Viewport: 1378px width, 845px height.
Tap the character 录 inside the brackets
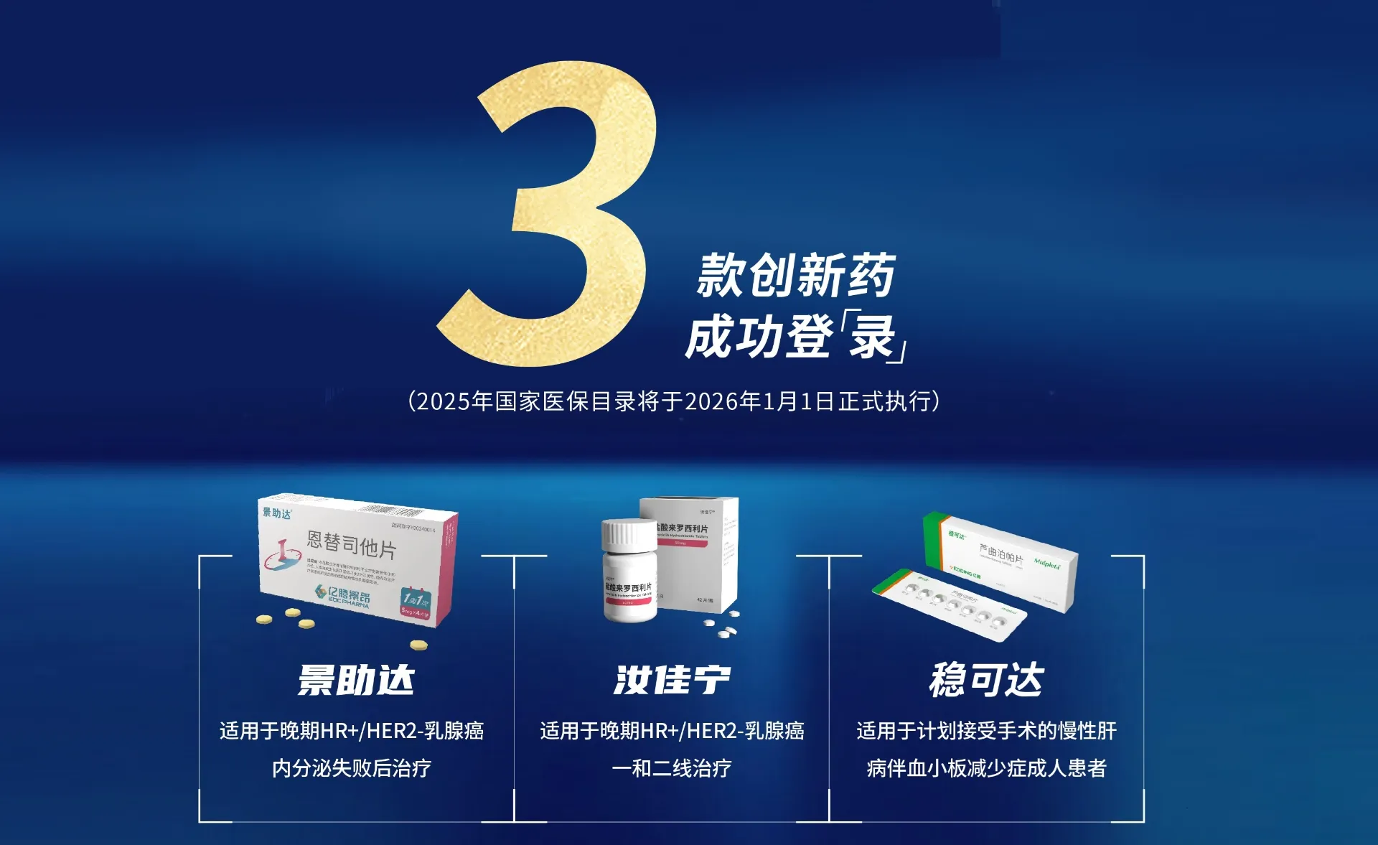(872, 337)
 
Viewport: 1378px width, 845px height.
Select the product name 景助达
(356, 680)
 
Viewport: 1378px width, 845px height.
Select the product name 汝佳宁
(672, 680)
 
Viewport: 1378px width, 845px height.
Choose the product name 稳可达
(986, 680)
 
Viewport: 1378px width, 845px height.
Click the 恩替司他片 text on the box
(351, 545)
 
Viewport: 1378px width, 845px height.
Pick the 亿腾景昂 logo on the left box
(342, 596)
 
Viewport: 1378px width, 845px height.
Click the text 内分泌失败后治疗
(351, 768)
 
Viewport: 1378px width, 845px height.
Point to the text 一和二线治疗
(672, 768)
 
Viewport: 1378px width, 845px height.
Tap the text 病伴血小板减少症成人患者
(986, 768)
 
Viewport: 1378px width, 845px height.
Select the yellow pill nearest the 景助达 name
(418, 645)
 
